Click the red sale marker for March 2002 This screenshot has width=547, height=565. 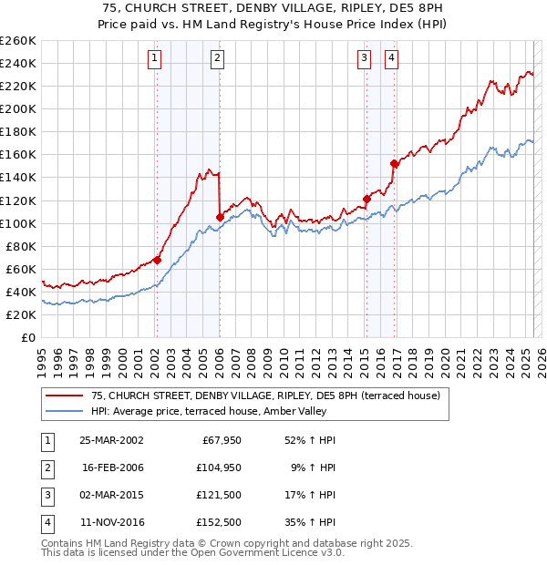157,260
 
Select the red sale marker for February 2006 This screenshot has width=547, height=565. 220,217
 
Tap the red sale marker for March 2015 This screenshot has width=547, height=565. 366,198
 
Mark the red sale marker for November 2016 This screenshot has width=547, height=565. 394,164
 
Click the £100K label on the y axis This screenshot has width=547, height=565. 18,223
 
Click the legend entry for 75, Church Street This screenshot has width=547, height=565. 265,395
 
